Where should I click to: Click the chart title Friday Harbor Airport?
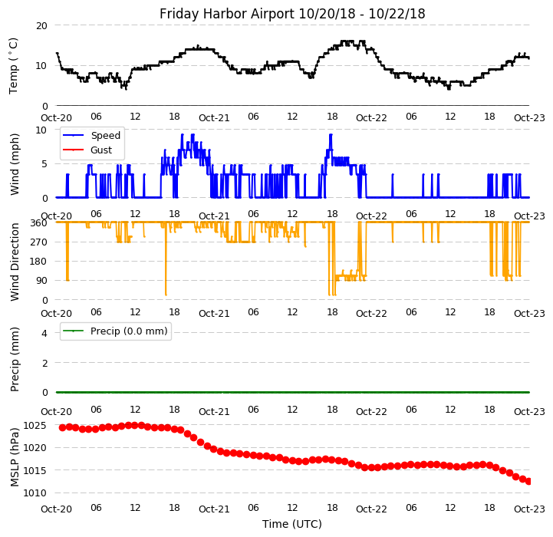292,14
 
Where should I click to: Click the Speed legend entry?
105,136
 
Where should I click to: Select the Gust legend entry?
101,150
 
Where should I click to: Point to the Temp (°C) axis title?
14,65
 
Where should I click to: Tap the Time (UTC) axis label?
292,525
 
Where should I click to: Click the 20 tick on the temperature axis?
41,25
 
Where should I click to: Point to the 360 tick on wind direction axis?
38,222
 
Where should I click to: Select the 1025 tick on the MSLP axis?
35,425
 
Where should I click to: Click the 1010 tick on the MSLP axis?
35,493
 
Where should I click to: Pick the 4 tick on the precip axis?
44,333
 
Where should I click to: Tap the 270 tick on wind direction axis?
38,242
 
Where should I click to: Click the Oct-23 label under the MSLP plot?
529,509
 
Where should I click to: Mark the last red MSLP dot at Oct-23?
529,481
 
